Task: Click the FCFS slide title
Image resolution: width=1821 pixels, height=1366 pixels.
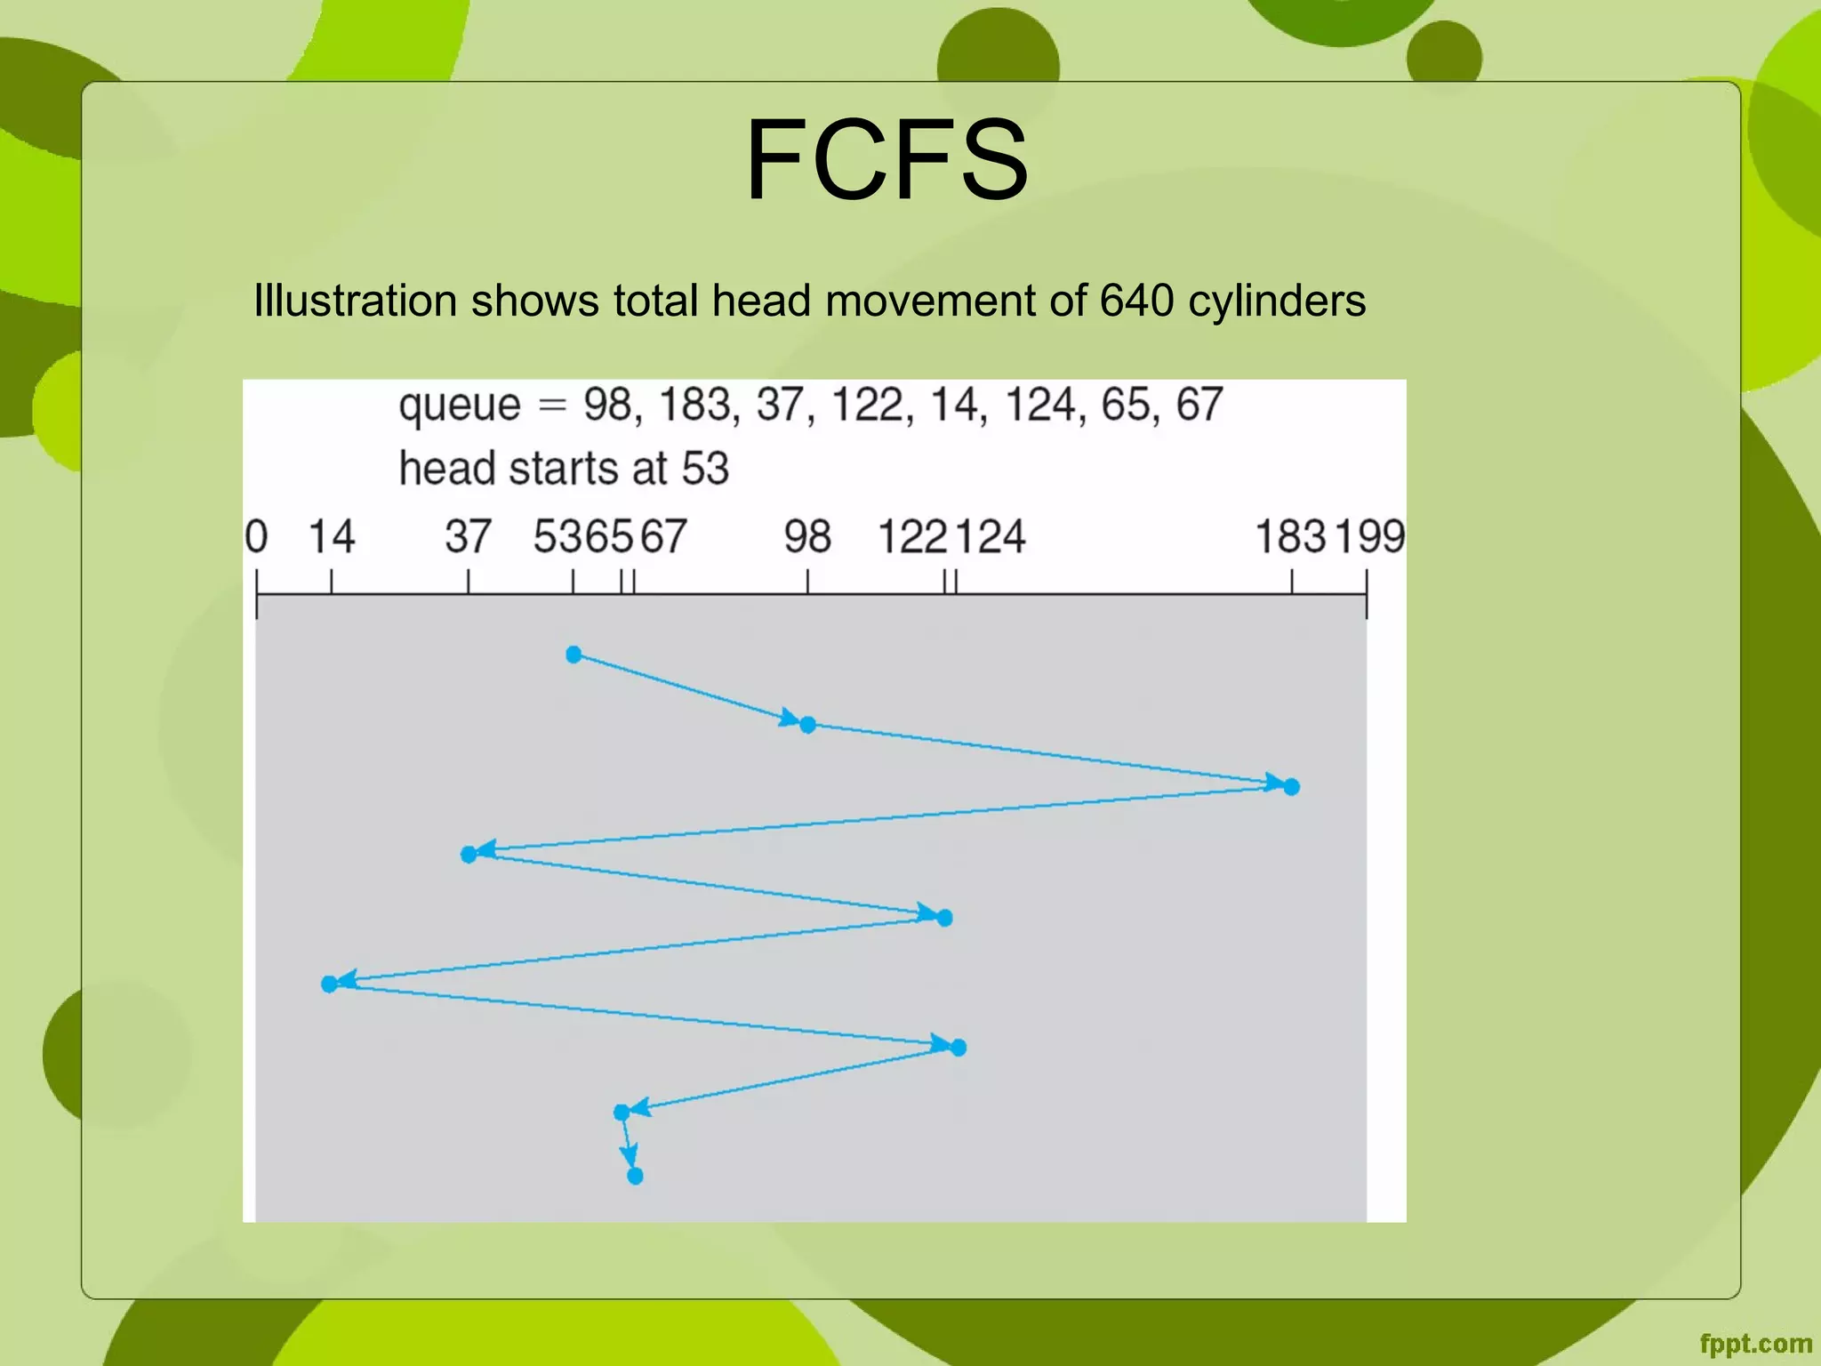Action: pos(886,160)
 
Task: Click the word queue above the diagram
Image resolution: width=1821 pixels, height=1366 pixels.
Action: pos(459,406)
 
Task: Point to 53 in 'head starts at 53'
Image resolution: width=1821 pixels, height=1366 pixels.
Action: pos(705,468)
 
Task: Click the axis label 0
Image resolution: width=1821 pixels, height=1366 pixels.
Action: pos(256,537)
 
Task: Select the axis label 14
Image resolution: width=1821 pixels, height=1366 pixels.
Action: pos(331,537)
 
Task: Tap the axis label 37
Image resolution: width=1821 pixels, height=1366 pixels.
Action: pos(468,537)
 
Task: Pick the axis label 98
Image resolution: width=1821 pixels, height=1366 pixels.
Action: pos(807,537)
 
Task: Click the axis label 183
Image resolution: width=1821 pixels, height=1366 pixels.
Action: pos(1290,537)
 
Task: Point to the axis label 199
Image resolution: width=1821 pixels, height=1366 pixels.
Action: pos(1369,537)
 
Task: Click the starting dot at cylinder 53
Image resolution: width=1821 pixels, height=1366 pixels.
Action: pos(574,655)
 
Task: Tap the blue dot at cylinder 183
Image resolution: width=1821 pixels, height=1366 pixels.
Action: pos(1292,786)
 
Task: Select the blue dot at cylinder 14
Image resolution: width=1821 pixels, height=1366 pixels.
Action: pos(329,984)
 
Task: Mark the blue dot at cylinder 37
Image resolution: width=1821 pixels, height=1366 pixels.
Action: pos(469,855)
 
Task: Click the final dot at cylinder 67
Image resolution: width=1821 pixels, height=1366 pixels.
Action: pos(635,1176)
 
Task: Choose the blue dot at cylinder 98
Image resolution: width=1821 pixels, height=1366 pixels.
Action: pos(807,725)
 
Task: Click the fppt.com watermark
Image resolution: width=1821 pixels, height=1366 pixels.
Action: pos(1755,1343)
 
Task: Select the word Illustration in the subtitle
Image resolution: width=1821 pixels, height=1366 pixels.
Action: pos(355,301)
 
